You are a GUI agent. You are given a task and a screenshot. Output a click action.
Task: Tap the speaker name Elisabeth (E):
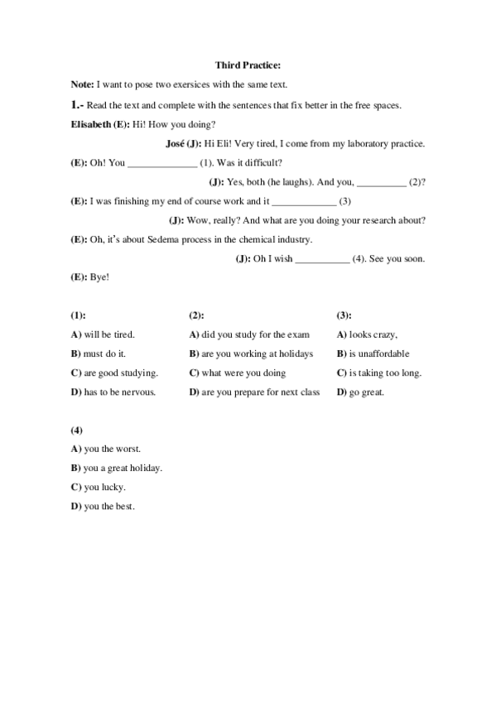click(x=100, y=124)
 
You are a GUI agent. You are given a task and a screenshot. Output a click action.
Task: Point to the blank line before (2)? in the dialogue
click(x=381, y=182)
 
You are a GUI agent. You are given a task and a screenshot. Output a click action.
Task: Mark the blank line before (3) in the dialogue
click(x=304, y=201)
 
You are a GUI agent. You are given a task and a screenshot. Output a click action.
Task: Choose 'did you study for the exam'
click(x=255, y=334)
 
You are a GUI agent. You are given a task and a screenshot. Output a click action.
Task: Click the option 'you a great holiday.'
click(x=123, y=468)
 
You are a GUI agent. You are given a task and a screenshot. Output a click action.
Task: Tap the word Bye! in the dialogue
click(x=100, y=278)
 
